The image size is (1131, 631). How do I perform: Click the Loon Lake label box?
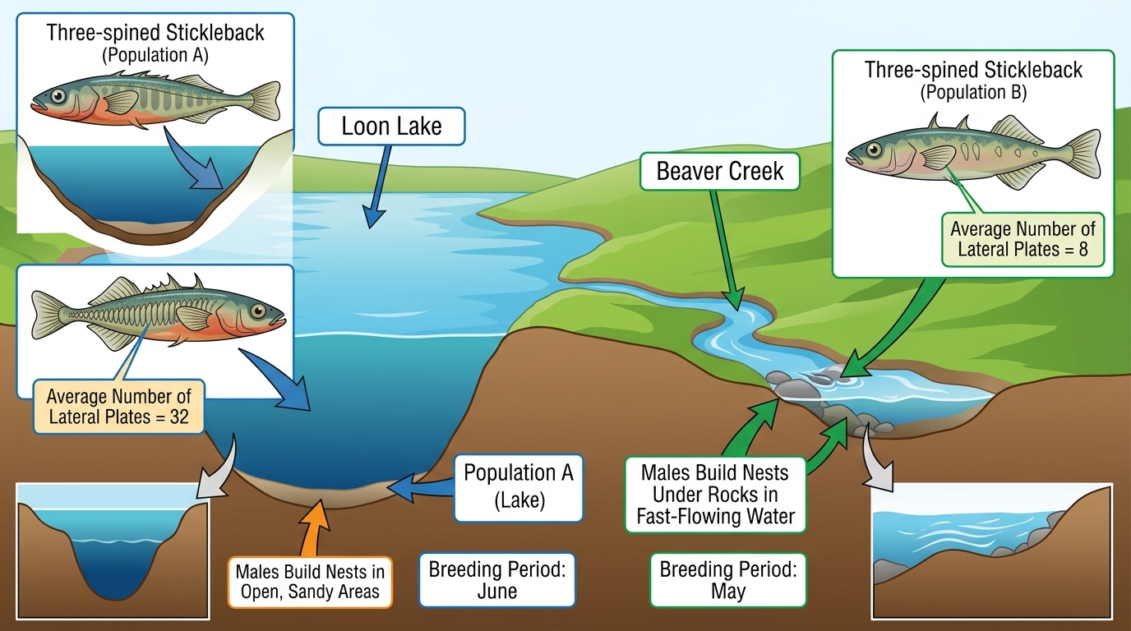[x=391, y=127]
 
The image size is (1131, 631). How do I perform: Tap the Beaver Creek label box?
[x=719, y=171]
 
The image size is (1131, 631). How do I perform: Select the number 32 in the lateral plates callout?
[x=178, y=417]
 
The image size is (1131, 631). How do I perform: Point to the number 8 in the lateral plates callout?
[x=1083, y=250]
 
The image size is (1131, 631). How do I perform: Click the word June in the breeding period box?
[x=496, y=591]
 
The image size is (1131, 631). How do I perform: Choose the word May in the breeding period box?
[x=728, y=591]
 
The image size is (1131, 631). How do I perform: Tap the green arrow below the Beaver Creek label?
[x=727, y=250]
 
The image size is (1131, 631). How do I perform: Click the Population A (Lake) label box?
[x=519, y=488]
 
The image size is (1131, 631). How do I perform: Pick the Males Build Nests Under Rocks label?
[x=715, y=495]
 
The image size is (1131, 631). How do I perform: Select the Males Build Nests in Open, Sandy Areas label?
[x=310, y=582]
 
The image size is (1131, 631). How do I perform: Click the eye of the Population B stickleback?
[x=874, y=150]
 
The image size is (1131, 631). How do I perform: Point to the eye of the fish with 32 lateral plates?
[x=259, y=311]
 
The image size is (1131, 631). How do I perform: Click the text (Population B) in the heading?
[x=973, y=93]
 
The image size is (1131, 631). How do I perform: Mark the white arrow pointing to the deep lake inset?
[x=218, y=467]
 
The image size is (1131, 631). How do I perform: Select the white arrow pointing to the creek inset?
[x=876, y=459]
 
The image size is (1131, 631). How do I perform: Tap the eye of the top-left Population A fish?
[x=58, y=96]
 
